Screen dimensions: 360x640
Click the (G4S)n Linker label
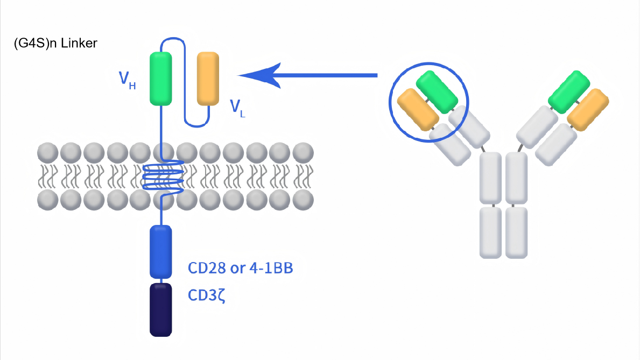coord(55,44)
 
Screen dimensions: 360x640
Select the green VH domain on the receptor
coord(160,78)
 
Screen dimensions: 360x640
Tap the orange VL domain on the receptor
coord(208,78)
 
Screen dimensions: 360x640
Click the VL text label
coord(237,108)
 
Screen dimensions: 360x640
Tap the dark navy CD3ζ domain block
coord(160,309)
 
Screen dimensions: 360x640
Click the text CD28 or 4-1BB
coord(240,268)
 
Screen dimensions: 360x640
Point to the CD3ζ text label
coord(206,295)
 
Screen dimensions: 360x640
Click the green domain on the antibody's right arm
coord(568,91)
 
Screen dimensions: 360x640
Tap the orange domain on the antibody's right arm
coord(588,109)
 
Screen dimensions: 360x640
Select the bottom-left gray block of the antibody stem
coord(490,232)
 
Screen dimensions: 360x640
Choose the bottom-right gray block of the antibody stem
coord(516,232)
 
